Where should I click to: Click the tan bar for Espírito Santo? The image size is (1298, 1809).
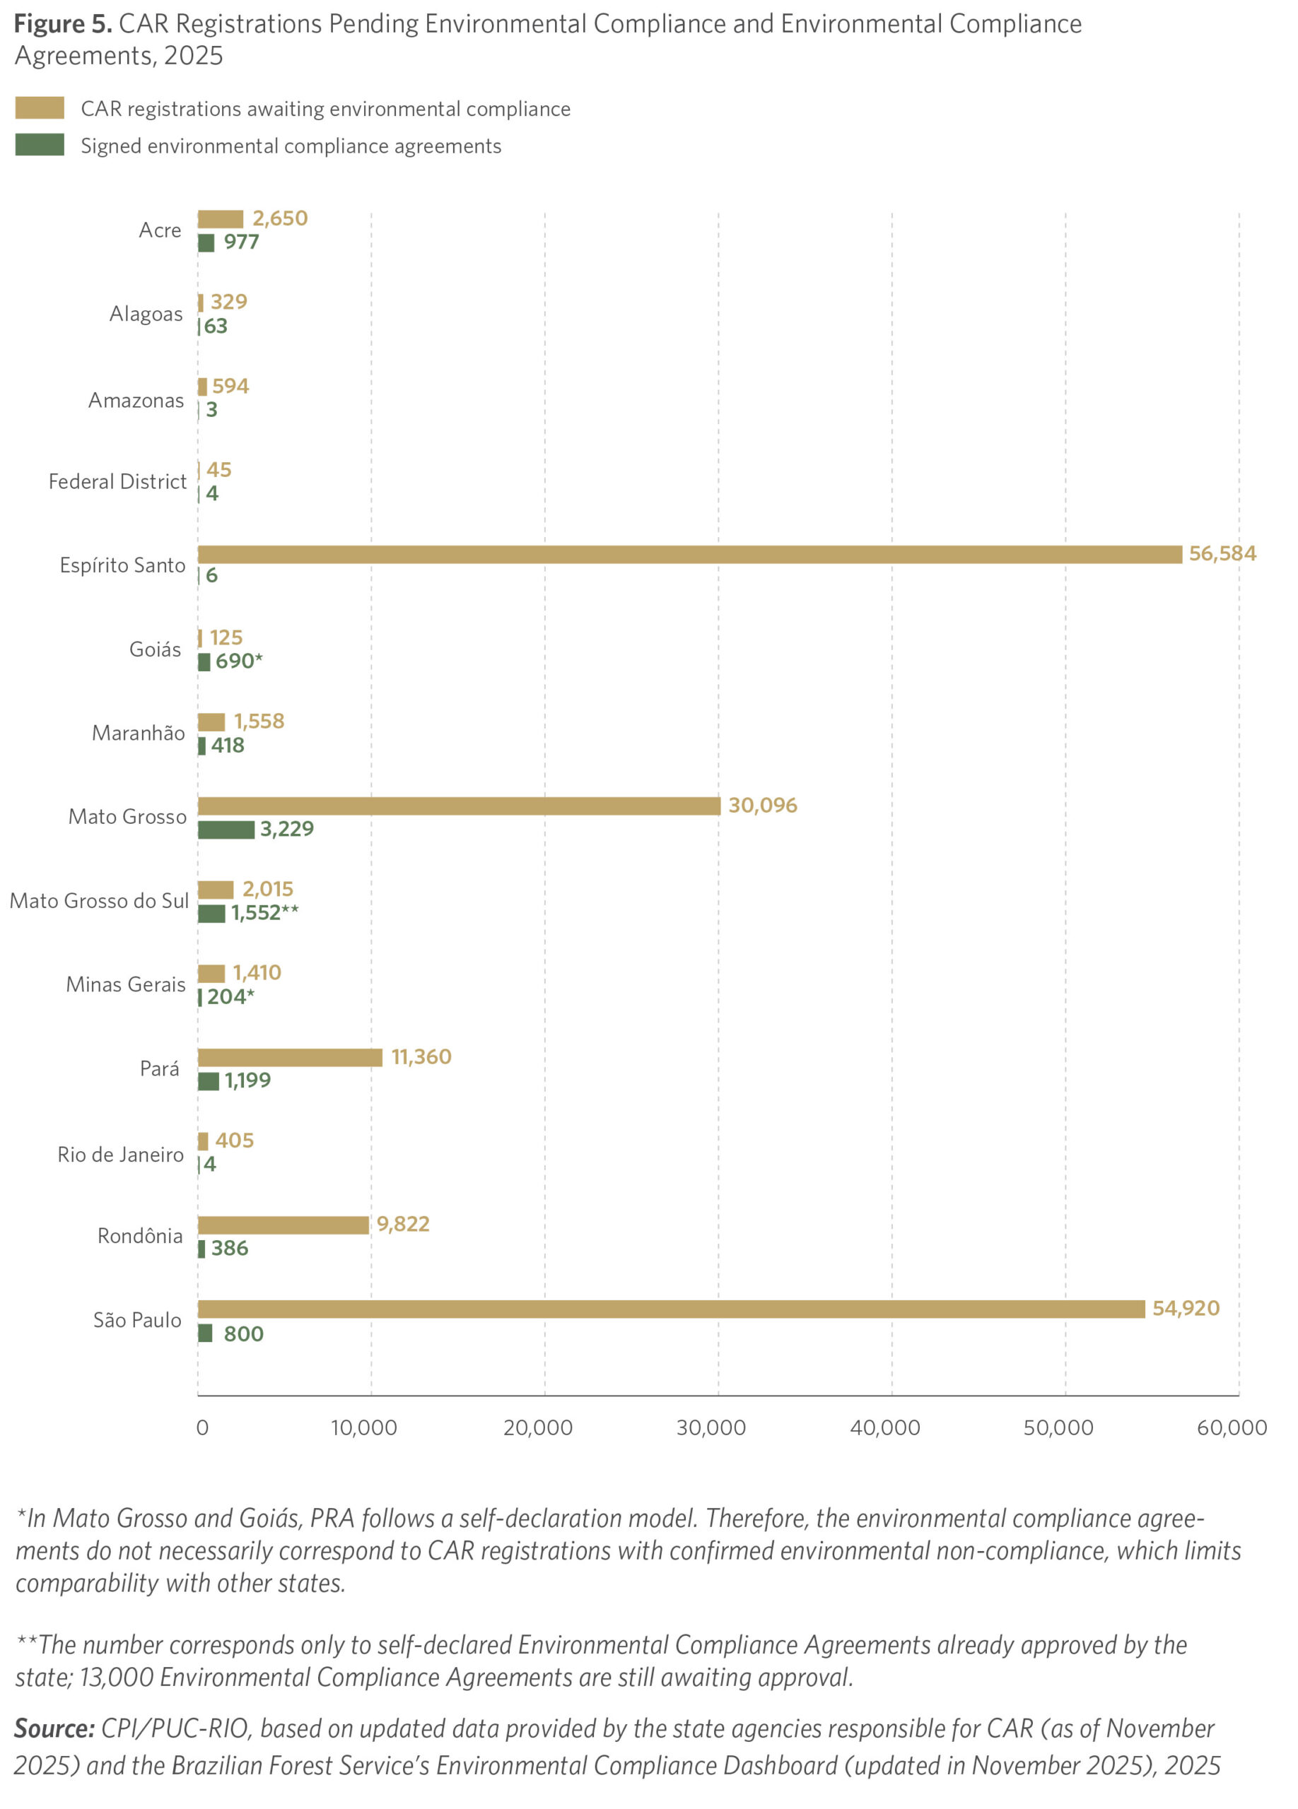689,554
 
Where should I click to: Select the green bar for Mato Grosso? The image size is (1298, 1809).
226,830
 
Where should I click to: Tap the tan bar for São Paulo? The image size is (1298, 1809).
671,1309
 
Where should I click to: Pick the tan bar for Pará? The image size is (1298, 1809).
290,1058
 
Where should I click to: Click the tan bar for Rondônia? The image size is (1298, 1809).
283,1225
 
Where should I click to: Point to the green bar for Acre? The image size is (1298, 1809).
206,242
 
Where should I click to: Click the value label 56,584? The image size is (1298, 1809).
1222,553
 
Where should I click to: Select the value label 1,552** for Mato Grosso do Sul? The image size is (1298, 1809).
265,912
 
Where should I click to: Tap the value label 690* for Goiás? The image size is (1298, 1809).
238,661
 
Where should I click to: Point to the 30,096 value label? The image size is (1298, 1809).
762,806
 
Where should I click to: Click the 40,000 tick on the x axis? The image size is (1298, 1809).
884,1427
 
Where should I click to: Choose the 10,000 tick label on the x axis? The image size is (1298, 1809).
364,1427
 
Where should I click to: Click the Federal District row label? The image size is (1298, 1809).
117,482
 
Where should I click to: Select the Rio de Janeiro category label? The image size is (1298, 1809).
120,1155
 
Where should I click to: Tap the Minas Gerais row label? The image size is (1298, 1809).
125,984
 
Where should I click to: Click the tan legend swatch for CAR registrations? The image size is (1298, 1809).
40,107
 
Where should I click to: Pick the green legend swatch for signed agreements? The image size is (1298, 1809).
40,144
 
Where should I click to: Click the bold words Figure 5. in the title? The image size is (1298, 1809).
63,24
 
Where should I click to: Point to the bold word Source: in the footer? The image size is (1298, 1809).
54,1728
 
